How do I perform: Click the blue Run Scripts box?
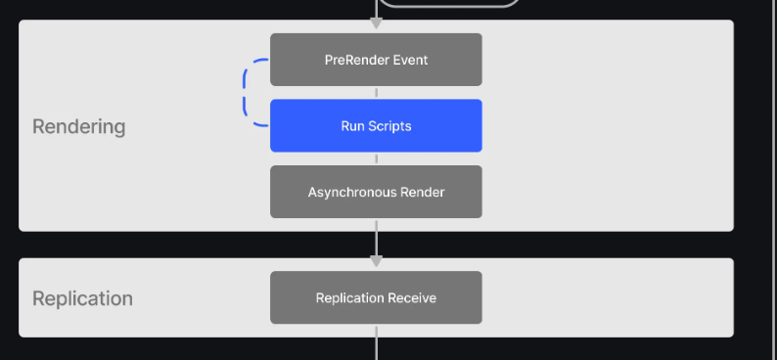376,125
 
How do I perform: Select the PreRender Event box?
376,60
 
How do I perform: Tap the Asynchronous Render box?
376,192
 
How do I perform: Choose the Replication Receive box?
376,297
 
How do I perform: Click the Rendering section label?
79,126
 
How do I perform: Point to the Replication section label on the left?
82,298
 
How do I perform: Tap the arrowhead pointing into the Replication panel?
376,260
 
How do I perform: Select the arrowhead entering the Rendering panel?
376,22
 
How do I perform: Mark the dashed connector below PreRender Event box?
376,93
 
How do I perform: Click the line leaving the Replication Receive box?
376,342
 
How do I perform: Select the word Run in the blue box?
351,126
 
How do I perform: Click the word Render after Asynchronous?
425,192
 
